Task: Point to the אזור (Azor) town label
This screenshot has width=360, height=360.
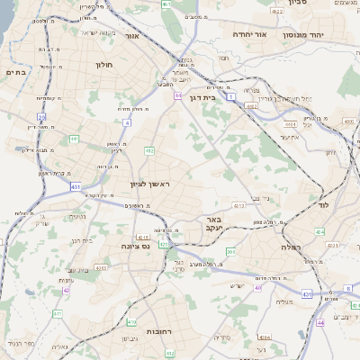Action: (131, 37)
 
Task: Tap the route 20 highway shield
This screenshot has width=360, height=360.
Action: (41, 117)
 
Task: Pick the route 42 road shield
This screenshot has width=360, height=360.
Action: (67, 290)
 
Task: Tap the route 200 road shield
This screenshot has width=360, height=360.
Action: (231, 251)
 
